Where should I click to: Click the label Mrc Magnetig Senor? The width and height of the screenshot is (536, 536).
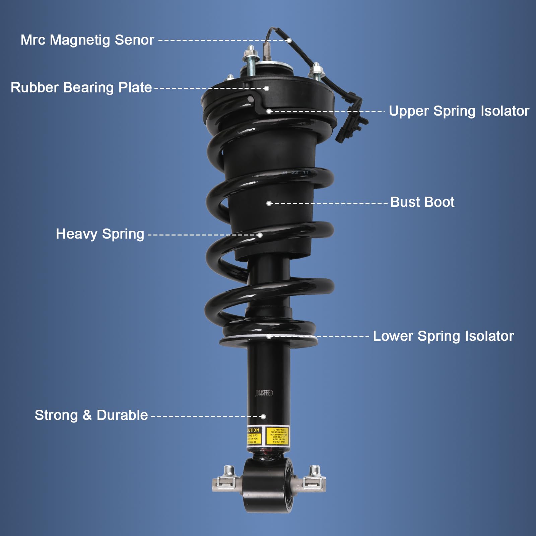[x=87, y=40]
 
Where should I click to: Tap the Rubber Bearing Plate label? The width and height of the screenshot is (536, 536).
[x=81, y=88]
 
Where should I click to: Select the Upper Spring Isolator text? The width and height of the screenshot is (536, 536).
[x=459, y=111]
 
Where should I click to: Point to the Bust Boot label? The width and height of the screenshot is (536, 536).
[x=422, y=202]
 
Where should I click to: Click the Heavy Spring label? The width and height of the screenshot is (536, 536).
[x=100, y=234]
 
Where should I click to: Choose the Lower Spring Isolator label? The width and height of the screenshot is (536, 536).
[x=443, y=336]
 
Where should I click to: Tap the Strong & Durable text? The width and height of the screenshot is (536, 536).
[x=91, y=415]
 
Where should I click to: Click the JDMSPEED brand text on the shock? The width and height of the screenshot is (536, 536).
[x=264, y=393]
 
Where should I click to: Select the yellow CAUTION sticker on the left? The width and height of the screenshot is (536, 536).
[x=253, y=436]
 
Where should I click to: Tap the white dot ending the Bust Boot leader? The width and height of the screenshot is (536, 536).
[x=269, y=203]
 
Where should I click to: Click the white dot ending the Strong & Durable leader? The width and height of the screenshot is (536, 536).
[x=263, y=417]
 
